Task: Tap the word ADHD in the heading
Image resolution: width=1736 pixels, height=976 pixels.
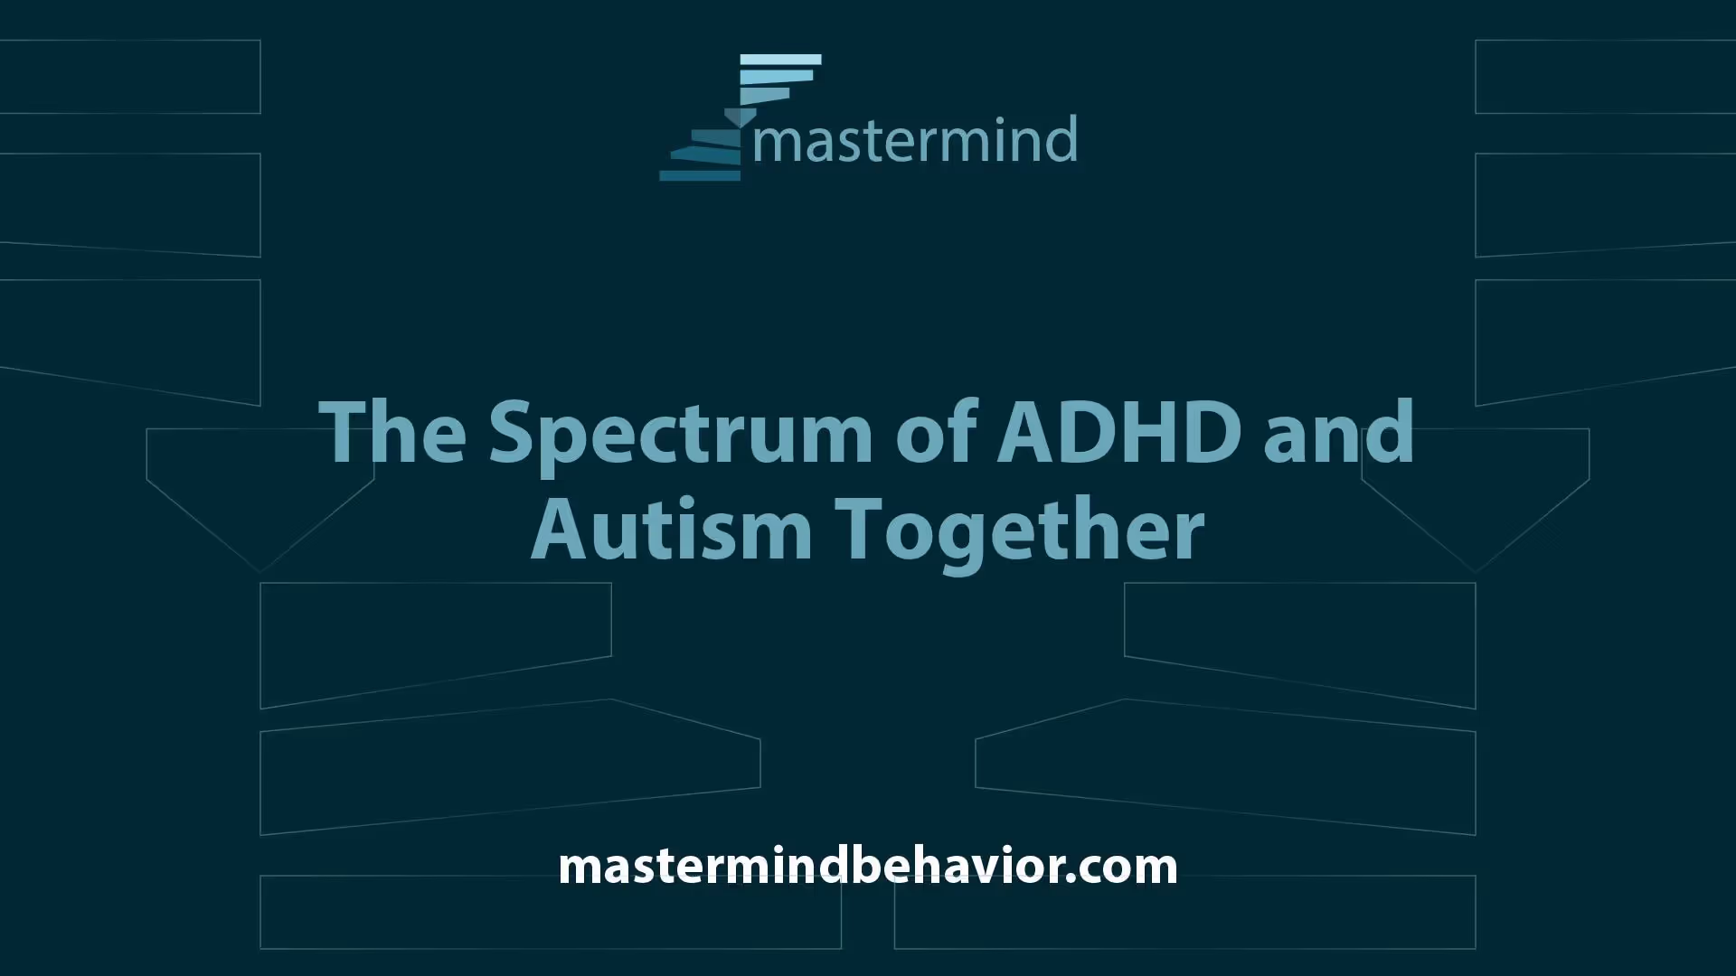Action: coord(1118,431)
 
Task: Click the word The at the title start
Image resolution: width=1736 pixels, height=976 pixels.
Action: coord(392,431)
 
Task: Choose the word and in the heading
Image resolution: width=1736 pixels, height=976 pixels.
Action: coord(1339,431)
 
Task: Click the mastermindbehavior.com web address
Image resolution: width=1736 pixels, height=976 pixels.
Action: coord(868,866)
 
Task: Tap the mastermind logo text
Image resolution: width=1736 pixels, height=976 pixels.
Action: coord(915,140)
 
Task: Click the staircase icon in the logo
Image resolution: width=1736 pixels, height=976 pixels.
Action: coord(741,117)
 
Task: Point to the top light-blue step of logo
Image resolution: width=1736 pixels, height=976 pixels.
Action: coord(780,60)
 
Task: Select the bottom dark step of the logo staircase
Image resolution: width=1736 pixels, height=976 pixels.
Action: coord(700,175)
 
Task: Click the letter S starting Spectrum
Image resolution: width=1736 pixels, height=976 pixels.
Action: coord(514,431)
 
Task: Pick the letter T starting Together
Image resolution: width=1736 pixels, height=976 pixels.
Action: coord(860,528)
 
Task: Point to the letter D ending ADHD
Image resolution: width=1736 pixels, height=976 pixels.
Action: coord(1213,431)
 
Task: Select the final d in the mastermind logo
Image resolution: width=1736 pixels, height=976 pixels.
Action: coord(1062,140)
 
